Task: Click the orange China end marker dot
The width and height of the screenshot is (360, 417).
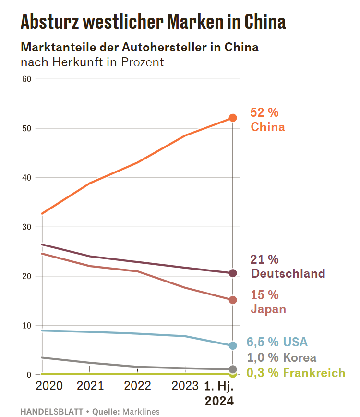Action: coord(233,118)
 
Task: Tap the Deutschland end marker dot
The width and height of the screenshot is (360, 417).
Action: coord(233,273)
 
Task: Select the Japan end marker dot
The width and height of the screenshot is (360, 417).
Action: coord(233,300)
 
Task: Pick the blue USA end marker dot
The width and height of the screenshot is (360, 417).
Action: coord(233,345)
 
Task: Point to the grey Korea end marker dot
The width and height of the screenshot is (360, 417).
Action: coord(233,369)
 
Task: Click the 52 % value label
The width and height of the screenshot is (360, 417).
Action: coord(264,112)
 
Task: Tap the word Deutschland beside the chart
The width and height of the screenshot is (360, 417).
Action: coord(288,274)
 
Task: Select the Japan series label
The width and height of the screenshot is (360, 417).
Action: coord(268,309)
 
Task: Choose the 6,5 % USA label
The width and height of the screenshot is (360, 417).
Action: coord(277,342)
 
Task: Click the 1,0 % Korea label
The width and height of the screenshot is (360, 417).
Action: coord(281,357)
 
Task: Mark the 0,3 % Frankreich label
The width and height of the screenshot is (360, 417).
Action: coord(296,373)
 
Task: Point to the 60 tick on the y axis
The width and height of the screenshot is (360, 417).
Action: coord(27,79)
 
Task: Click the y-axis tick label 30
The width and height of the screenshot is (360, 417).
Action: coord(27,227)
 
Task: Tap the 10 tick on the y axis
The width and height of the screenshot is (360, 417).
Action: coord(27,325)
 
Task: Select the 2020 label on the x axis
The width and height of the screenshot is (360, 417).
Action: coord(49,386)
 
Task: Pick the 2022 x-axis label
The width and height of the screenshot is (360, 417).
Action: coord(137,386)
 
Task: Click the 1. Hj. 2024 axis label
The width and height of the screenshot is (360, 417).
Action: coord(219,393)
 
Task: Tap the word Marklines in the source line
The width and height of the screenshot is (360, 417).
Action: coord(141,411)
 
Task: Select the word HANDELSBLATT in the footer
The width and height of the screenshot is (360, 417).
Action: coord(51,411)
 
